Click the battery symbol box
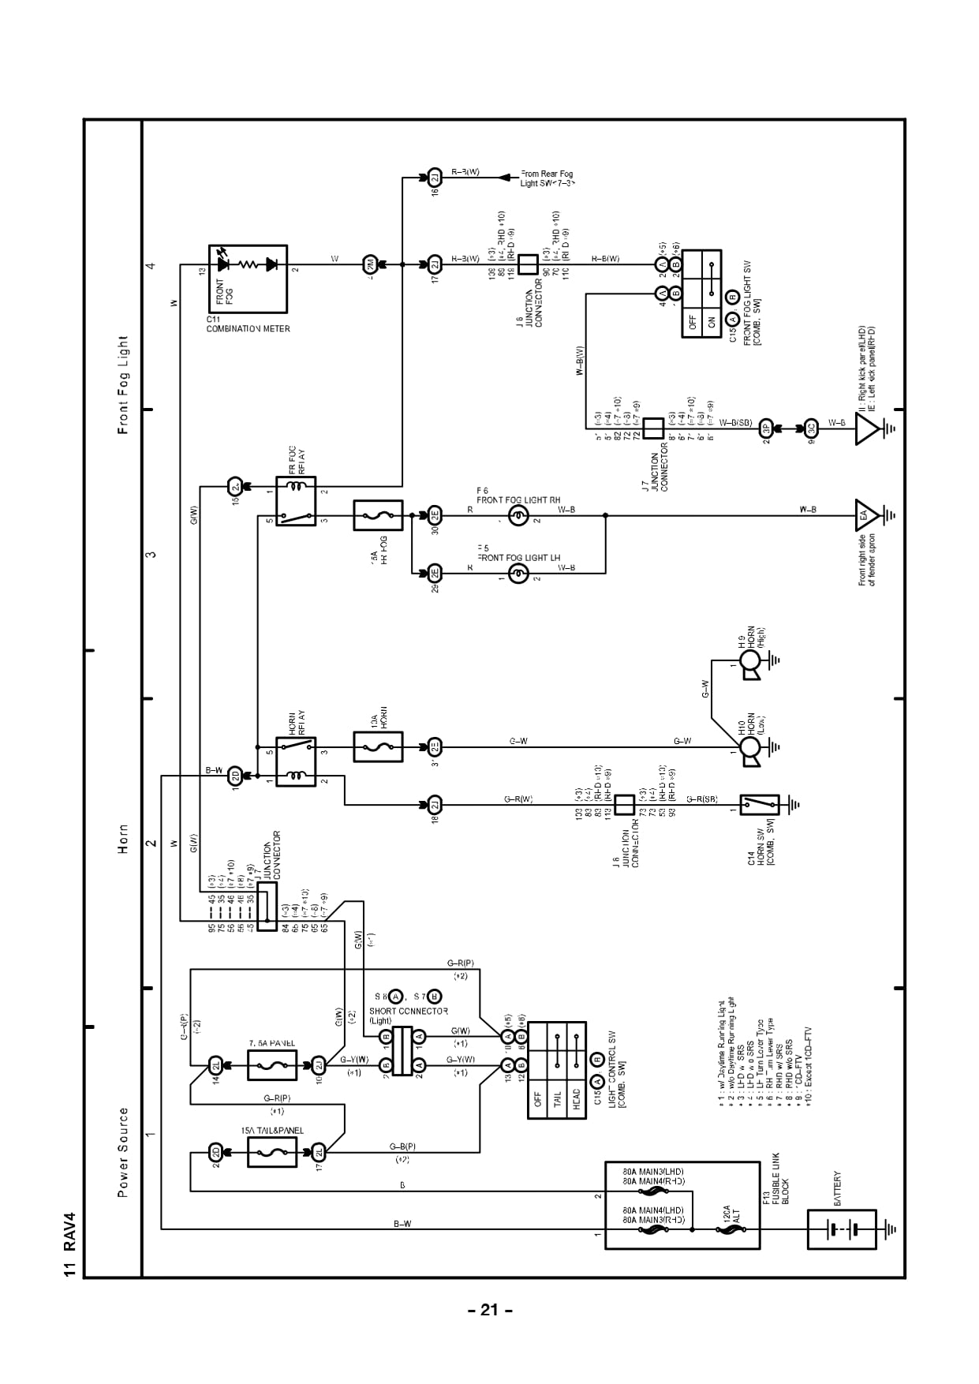pyautogui.click(x=842, y=1229)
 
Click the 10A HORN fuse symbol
pyautogui.click(x=378, y=746)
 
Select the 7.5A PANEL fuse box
pyautogui.click(x=272, y=1065)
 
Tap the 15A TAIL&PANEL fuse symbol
pyautogui.click(x=272, y=1153)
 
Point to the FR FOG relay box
pyautogui.click(x=296, y=501)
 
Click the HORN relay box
pyautogui.click(x=296, y=760)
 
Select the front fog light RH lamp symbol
pyautogui.click(x=518, y=517)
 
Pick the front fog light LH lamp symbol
pyautogui.click(x=518, y=574)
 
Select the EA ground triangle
pyautogui.click(x=867, y=515)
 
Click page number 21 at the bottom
pyautogui.click(x=489, y=1311)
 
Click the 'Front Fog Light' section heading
pyautogui.click(x=123, y=385)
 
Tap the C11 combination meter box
pyautogui.click(x=248, y=279)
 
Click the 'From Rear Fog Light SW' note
pyautogui.click(x=547, y=178)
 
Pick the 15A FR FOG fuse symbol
pyautogui.click(x=378, y=516)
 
